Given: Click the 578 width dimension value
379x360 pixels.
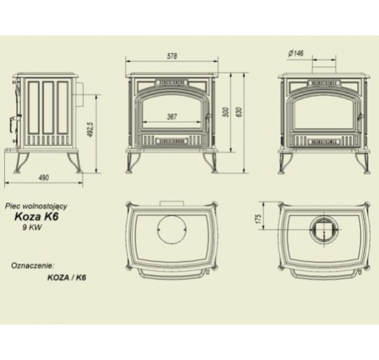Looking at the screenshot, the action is (172, 56).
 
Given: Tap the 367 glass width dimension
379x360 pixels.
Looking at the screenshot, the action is (172, 117).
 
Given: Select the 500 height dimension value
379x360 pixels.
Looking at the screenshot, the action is (226, 112).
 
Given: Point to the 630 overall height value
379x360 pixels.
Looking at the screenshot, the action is (240, 112).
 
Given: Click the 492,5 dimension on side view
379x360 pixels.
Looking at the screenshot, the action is (91, 129).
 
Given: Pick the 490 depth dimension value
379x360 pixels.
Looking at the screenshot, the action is (44, 177).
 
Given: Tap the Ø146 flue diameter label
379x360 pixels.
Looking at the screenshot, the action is (296, 53).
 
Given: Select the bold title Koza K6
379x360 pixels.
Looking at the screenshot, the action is (37, 216).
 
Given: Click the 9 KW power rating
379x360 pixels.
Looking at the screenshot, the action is (32, 228).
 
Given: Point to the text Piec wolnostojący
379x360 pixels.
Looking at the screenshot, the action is (36, 207).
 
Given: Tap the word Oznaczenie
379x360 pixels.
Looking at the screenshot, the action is (32, 266).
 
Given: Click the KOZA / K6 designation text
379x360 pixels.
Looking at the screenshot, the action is (67, 278).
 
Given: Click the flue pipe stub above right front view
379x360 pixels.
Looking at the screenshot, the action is (324, 67).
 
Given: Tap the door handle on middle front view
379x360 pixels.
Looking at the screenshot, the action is (208, 118).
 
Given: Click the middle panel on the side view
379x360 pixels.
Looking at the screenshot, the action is (48, 108).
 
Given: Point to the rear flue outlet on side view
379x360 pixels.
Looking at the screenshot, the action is (80, 94).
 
